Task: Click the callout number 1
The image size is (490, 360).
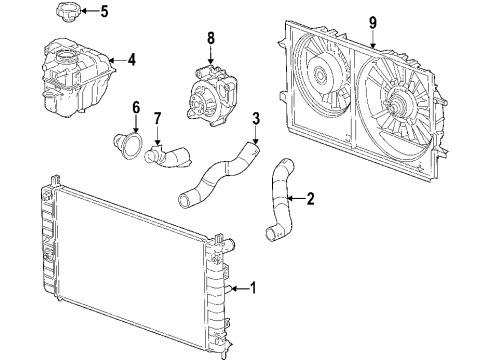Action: tap(253, 290)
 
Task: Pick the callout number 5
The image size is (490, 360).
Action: tap(104, 12)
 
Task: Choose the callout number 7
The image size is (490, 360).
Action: tap(157, 120)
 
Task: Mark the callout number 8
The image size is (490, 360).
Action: tap(209, 39)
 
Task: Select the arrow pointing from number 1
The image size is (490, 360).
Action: tap(238, 290)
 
